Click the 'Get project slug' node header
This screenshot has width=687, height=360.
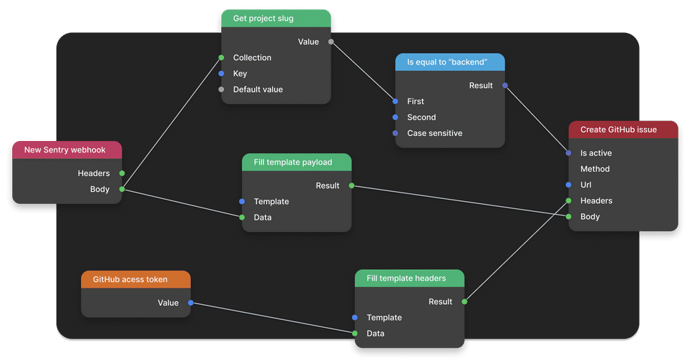(x=276, y=19)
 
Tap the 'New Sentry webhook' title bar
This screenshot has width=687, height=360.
(x=67, y=150)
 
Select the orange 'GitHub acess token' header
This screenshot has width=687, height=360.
(x=136, y=279)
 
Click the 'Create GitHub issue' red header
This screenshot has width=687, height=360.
(x=623, y=130)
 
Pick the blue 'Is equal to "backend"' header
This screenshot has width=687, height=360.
(x=450, y=62)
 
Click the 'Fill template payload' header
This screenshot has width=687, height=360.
(x=296, y=162)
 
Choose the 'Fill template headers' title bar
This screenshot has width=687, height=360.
(x=409, y=278)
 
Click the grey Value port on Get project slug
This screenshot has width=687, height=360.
(x=331, y=42)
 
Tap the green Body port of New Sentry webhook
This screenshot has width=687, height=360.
(x=122, y=189)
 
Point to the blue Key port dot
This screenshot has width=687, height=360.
(x=221, y=74)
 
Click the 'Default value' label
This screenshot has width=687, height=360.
(x=258, y=89)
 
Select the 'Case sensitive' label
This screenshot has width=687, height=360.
(x=434, y=133)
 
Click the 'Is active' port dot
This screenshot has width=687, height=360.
(x=568, y=153)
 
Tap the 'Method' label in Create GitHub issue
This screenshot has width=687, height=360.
(x=595, y=169)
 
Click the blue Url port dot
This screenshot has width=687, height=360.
(x=568, y=185)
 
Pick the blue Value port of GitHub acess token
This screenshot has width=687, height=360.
(x=190, y=303)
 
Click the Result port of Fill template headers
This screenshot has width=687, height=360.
(x=464, y=301)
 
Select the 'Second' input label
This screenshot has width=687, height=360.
(x=422, y=117)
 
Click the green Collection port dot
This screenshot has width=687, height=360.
(x=221, y=58)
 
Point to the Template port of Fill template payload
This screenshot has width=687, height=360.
(x=242, y=201)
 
